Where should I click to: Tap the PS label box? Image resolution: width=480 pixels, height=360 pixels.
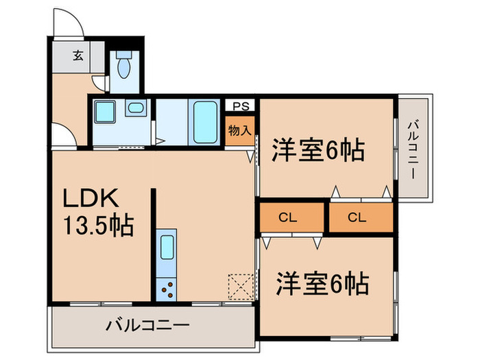tap(240, 106)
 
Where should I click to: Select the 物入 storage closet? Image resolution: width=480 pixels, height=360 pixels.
tap(240, 130)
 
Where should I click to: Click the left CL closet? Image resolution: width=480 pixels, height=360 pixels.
tap(288, 218)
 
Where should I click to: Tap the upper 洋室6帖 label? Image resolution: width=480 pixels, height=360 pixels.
tap(317, 150)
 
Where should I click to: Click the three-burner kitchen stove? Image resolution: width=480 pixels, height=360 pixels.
tap(166, 291)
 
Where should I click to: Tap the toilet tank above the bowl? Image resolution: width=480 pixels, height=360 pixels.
tap(123, 53)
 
